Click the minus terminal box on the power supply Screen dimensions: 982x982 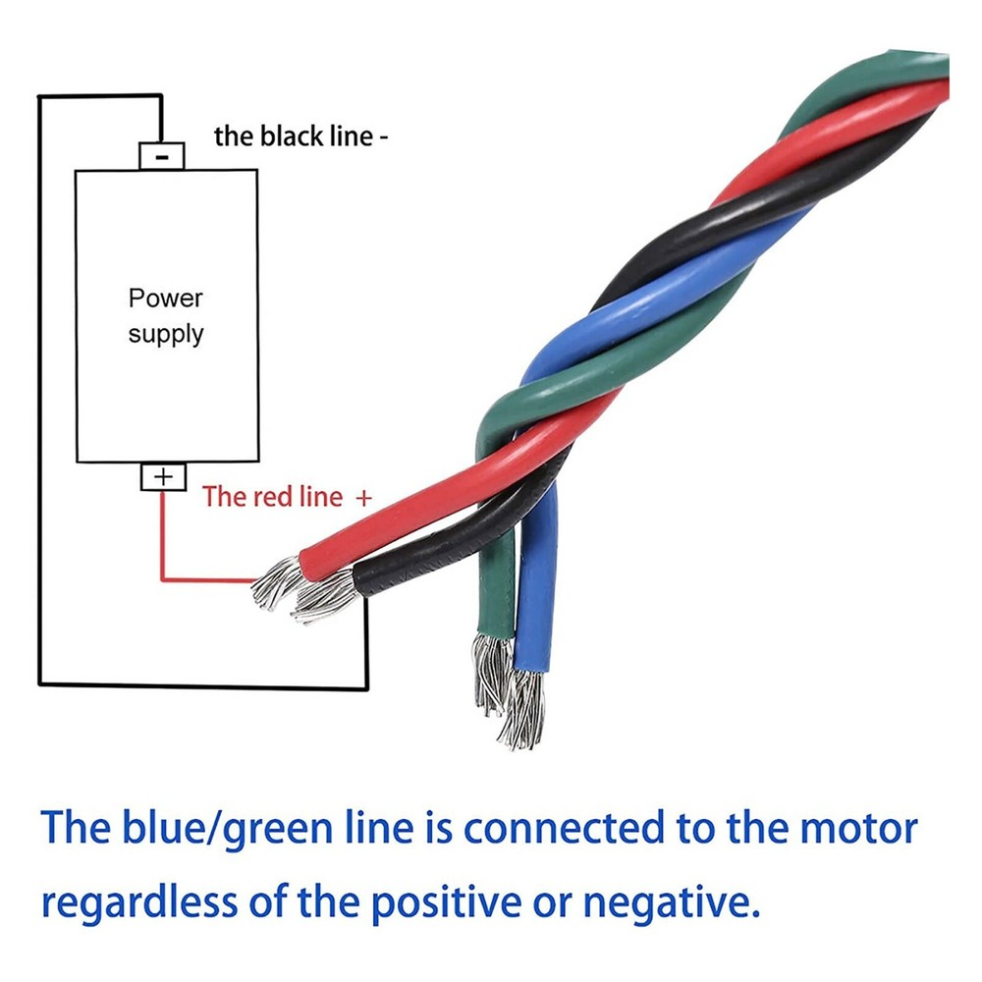click(162, 154)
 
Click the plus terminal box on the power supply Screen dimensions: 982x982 click(163, 477)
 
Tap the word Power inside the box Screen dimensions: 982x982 click(165, 298)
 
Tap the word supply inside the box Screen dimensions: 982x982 click(165, 334)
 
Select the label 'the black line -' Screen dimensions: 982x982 click(300, 136)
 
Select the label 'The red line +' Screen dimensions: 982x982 click(287, 496)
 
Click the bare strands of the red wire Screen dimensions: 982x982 click(276, 582)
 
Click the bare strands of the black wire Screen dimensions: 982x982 click(323, 597)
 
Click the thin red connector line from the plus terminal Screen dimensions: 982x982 click(163, 550)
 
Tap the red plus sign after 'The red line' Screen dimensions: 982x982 click(363, 497)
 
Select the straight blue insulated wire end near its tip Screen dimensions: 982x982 click(536, 628)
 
